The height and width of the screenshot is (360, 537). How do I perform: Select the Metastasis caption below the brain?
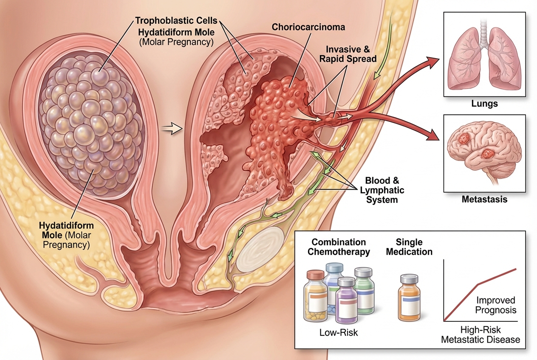484,199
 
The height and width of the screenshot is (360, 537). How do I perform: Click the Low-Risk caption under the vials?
339,332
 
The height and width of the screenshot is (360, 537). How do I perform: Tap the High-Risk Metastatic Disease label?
480,334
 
